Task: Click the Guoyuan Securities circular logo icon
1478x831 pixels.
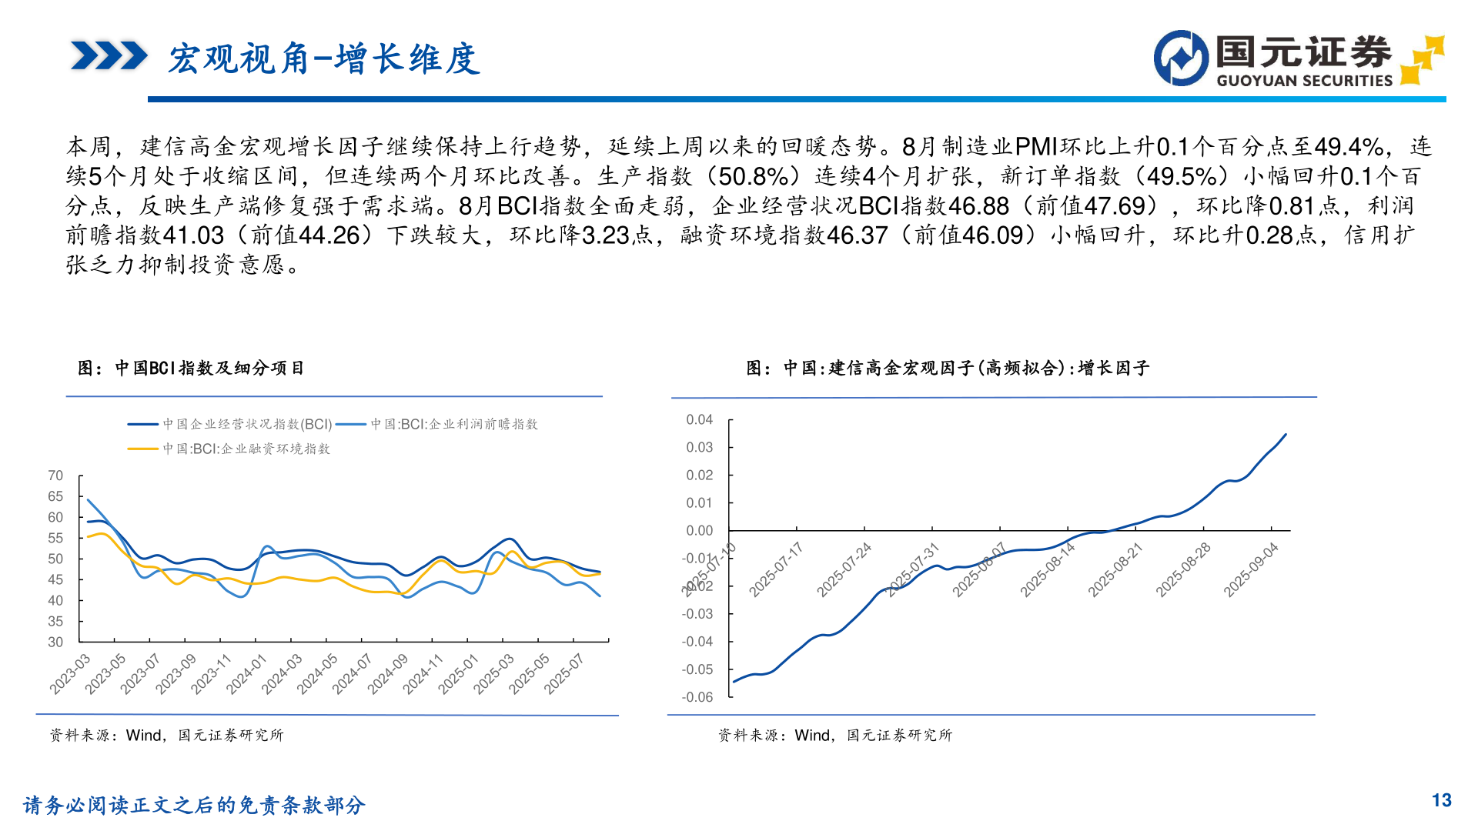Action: click(x=1181, y=58)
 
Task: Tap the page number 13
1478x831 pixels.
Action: click(x=1441, y=800)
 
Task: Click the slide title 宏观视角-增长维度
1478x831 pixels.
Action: click(x=324, y=59)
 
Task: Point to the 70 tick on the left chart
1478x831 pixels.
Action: click(x=55, y=476)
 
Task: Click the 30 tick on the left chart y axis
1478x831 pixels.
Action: click(x=55, y=642)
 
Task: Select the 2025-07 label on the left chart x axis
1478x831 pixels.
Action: click(x=564, y=674)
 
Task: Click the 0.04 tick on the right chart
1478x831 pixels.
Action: click(x=699, y=419)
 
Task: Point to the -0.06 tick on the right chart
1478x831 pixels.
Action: click(x=697, y=697)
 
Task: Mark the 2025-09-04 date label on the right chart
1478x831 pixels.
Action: click(x=1251, y=569)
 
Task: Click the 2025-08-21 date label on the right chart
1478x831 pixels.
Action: click(x=1115, y=569)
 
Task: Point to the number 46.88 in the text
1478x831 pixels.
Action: click(x=978, y=205)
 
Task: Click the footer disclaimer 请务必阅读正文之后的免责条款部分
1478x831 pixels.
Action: click(x=194, y=805)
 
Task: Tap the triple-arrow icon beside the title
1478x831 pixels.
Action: click(x=109, y=56)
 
